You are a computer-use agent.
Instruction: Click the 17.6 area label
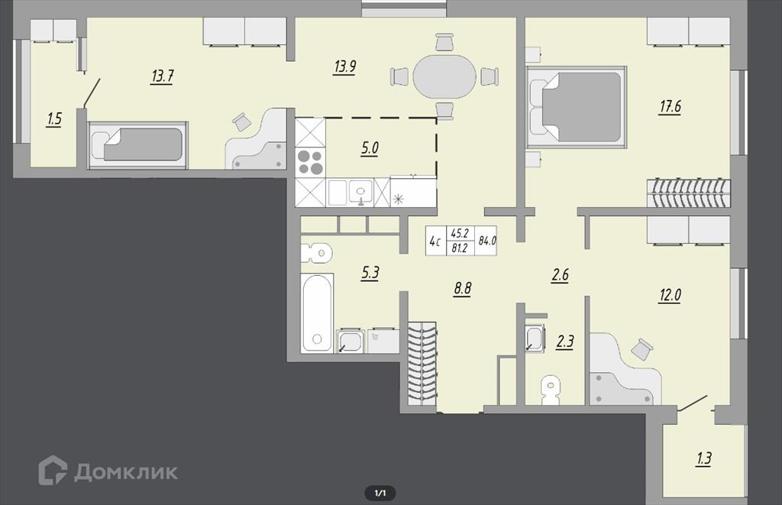tap(670, 107)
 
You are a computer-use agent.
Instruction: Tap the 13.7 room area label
tap(162, 76)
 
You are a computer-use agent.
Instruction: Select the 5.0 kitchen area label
tap(370, 149)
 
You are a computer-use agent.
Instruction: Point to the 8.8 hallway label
tap(462, 289)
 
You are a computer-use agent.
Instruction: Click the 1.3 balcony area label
tap(703, 458)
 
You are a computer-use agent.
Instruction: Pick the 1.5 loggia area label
tap(54, 119)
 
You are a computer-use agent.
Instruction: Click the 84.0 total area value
tap(486, 241)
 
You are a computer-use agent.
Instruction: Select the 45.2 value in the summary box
tap(459, 233)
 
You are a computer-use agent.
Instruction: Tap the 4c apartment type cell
tap(435, 242)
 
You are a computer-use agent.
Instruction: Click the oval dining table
tap(444, 76)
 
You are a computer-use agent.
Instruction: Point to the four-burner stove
tap(310, 162)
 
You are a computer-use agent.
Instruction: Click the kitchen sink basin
tap(360, 192)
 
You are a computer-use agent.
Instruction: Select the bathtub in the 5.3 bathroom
tap(317, 312)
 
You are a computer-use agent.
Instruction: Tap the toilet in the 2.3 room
tap(550, 390)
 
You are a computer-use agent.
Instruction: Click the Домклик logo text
tap(126, 471)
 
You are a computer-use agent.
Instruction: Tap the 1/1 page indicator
tap(380, 493)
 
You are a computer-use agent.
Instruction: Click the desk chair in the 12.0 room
tap(641, 348)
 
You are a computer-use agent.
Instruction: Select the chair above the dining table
tap(444, 41)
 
